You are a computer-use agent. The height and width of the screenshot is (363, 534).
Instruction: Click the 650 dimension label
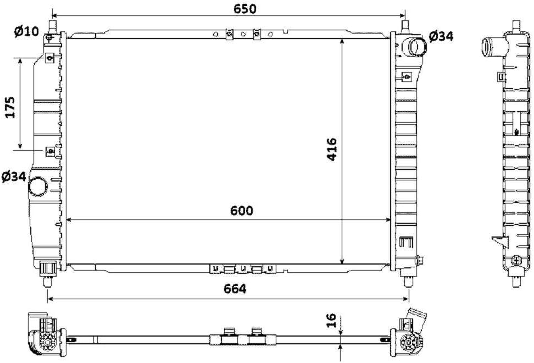click(244, 8)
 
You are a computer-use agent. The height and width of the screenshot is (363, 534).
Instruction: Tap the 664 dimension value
click(235, 289)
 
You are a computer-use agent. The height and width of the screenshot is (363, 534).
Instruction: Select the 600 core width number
click(242, 211)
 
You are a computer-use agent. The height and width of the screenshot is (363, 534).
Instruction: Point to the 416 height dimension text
click(332, 149)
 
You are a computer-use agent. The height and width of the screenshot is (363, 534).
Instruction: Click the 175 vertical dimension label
click(10, 107)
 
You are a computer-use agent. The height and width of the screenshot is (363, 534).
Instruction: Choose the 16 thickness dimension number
click(331, 321)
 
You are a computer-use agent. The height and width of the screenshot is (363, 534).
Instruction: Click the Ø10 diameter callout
click(26, 31)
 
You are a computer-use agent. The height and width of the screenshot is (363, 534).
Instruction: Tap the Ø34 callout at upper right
click(441, 36)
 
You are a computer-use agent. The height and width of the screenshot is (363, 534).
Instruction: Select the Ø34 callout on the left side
click(14, 177)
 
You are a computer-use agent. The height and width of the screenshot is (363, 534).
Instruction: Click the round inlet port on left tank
click(38, 186)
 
